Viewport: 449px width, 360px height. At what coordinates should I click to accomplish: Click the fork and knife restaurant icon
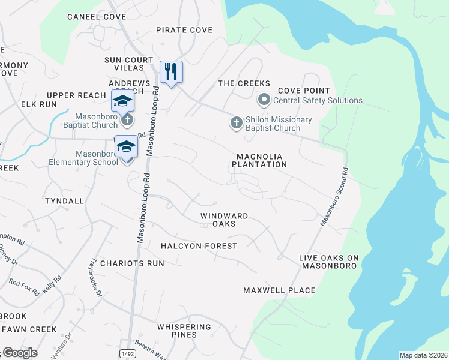(x=171, y=72)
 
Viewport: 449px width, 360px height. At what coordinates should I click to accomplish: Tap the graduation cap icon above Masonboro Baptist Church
(x=122, y=101)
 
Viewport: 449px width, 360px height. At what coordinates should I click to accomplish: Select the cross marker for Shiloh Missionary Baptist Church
(x=236, y=123)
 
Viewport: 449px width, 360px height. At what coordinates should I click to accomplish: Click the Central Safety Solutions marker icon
(x=264, y=100)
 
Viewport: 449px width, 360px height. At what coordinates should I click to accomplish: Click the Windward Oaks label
(x=224, y=219)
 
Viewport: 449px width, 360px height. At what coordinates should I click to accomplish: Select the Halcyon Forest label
(x=199, y=246)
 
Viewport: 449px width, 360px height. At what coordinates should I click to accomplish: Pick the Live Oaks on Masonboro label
(x=328, y=262)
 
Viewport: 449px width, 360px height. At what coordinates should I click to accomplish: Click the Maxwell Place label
(x=279, y=290)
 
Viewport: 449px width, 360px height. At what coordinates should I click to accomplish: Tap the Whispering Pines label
(x=184, y=331)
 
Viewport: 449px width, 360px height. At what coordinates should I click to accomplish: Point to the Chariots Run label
(x=132, y=263)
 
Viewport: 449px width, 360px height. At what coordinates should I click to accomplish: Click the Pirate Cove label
(x=184, y=30)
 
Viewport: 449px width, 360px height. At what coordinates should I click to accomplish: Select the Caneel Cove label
(x=97, y=17)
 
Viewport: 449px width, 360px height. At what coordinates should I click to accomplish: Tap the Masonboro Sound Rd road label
(x=334, y=196)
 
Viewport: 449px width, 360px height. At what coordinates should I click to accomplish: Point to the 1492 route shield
(x=126, y=353)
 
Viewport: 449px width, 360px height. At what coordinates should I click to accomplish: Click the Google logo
(x=19, y=353)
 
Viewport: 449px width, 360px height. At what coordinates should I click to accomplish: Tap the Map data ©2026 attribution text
(x=423, y=355)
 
